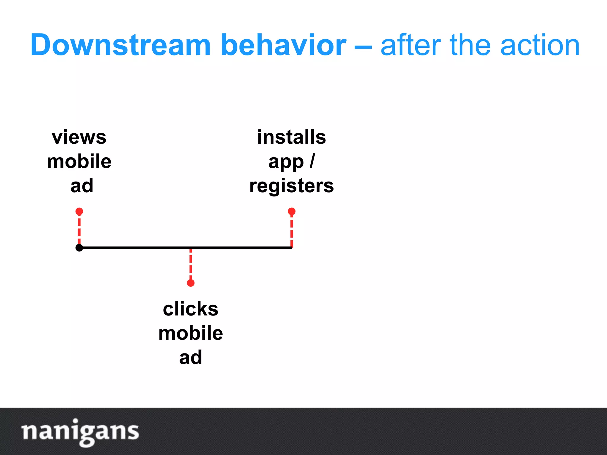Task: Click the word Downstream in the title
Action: coord(120,45)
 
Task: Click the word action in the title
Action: coord(539,45)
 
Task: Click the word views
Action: coord(79,137)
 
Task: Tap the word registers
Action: coord(291,186)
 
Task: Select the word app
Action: coord(286,162)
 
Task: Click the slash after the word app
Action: coord(312,161)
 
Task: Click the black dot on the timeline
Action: coord(79,248)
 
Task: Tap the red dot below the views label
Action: coord(79,212)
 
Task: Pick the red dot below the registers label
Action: coord(292,212)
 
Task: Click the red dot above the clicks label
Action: coord(191,283)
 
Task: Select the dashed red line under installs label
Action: coord(292,231)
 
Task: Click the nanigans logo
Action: coord(80,432)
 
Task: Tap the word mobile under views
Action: coord(79,162)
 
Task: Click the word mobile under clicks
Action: coord(191,333)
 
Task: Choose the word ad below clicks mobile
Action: coord(191,358)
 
